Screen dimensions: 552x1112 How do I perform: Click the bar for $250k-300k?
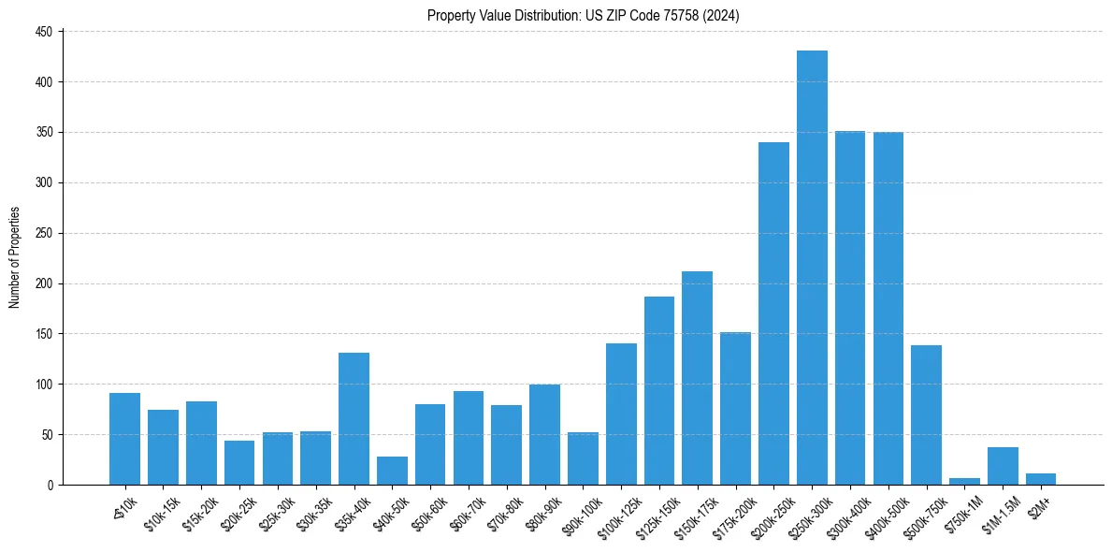coord(812,268)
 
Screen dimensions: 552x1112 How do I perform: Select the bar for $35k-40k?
coord(354,418)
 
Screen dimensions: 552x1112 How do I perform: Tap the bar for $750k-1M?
coord(964,481)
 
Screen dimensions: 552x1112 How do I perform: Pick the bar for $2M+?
coord(1040,479)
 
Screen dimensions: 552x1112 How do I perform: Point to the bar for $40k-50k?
coord(392,471)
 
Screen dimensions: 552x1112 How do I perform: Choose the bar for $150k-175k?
coord(697,378)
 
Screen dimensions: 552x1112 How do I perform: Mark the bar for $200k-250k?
coord(773,313)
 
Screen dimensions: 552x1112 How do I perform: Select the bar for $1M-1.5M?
coord(1003,466)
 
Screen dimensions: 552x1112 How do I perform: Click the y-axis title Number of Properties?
coord(14,258)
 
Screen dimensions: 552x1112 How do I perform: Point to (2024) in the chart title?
coord(725,16)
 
